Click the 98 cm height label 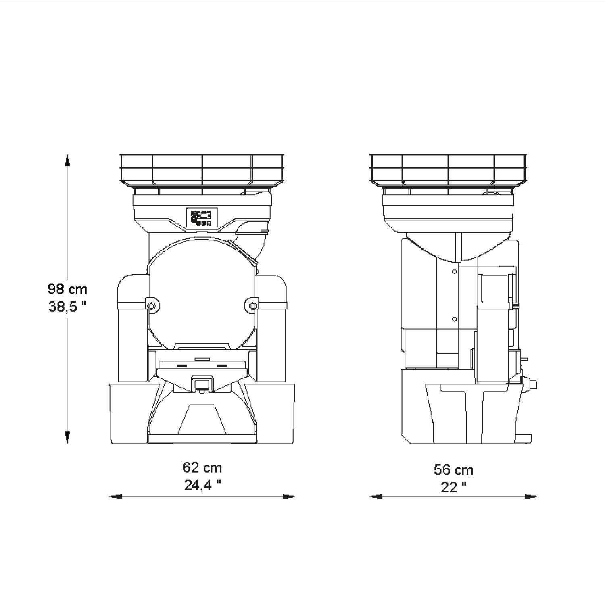click(x=67, y=289)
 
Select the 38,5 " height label click(x=67, y=307)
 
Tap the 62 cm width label click(x=202, y=467)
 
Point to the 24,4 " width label click(x=202, y=485)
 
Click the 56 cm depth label click(x=453, y=470)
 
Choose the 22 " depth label click(x=453, y=487)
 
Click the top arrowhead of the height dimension click(x=67, y=160)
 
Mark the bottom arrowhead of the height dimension click(x=67, y=438)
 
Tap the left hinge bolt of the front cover click(x=151, y=306)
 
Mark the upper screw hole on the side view click(x=455, y=272)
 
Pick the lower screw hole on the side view click(x=455, y=319)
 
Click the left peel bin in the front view click(x=127, y=413)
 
